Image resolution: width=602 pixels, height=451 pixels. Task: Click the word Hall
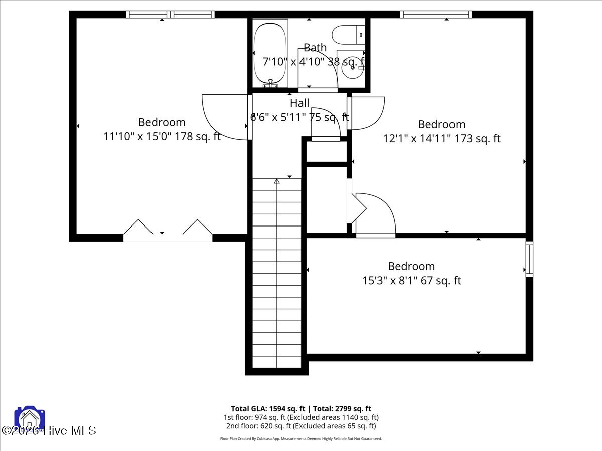pyautogui.click(x=299, y=103)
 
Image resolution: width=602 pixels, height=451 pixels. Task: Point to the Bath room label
pyautogui.click(x=315, y=48)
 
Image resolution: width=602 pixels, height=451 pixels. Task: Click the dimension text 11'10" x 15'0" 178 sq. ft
pyautogui.click(x=162, y=136)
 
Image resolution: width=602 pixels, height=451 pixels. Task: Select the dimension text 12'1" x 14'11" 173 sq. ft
pyautogui.click(x=441, y=138)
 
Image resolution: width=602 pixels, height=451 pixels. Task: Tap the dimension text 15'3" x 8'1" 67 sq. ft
pyautogui.click(x=411, y=280)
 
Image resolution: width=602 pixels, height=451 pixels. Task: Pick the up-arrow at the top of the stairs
pyautogui.click(x=276, y=181)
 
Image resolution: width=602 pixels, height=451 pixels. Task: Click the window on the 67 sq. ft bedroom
pyautogui.click(x=529, y=259)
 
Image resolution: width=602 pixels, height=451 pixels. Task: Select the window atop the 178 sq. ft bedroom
pyautogui.click(x=170, y=15)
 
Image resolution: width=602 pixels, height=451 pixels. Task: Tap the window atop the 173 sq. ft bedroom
pyautogui.click(x=435, y=15)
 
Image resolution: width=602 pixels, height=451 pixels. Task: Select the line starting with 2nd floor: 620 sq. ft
pyautogui.click(x=300, y=426)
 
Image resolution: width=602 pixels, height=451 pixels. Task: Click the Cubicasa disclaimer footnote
pyautogui.click(x=300, y=438)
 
